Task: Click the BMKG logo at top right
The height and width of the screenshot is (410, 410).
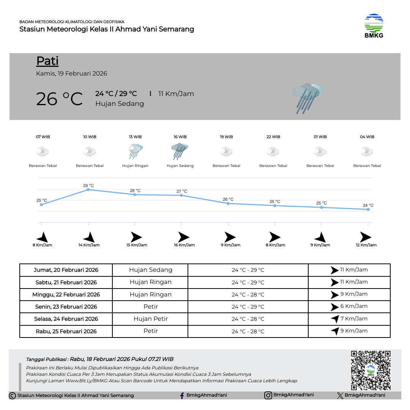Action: point(374,26)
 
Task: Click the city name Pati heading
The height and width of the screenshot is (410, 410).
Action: point(47,61)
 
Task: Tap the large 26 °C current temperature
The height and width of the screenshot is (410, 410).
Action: point(59,99)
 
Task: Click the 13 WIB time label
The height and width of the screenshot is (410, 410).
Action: point(135,137)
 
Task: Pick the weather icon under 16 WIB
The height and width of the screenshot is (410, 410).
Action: point(180,151)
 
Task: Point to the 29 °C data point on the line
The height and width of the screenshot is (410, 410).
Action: point(88,189)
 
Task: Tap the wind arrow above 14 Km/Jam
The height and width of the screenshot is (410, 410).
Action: point(89,237)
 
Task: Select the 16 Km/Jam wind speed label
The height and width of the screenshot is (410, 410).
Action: point(184,245)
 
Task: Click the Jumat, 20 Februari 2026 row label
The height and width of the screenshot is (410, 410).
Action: point(66,270)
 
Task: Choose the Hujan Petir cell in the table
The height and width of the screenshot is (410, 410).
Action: point(151,319)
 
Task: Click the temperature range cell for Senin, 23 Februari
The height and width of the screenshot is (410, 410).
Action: point(248,307)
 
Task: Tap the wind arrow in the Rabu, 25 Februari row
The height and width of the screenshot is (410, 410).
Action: point(335,331)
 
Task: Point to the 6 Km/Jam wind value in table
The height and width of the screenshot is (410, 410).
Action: point(354,306)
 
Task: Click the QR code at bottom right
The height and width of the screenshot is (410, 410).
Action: point(371,370)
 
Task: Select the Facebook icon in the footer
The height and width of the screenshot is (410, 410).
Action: point(182,396)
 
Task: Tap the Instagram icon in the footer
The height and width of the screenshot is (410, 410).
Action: point(268,395)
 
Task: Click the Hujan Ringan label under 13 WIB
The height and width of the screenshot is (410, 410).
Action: point(135,166)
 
